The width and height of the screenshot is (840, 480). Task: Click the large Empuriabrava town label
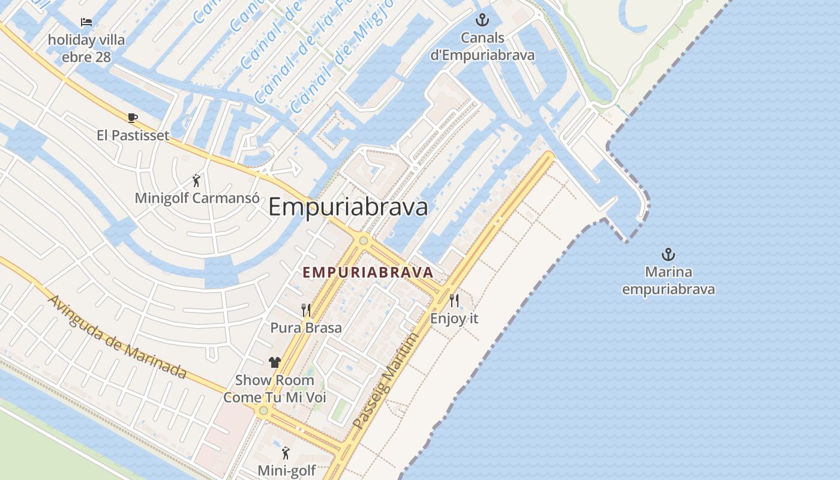[x=348, y=207]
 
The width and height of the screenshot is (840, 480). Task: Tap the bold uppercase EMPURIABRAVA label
[x=368, y=272]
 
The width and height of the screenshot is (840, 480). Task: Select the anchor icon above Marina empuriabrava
[x=668, y=254]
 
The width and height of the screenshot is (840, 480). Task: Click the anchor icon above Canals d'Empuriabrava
[x=482, y=20]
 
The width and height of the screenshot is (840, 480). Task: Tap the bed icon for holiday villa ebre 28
[x=86, y=23]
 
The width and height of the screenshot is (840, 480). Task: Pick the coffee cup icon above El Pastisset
[x=133, y=118]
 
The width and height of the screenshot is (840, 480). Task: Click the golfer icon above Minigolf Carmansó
[x=196, y=180]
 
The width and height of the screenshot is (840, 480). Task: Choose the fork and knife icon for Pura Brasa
[x=306, y=310]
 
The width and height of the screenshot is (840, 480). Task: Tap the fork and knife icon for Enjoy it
[x=454, y=301]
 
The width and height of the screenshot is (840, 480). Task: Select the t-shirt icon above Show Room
[x=275, y=362]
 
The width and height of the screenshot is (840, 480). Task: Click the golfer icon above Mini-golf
[x=286, y=453]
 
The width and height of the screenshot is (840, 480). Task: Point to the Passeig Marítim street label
[x=385, y=382]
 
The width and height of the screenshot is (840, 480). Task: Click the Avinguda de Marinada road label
[x=117, y=337]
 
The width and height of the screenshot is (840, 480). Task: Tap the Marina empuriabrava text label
[x=668, y=281]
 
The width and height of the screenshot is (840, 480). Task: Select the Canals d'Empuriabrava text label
[x=482, y=47]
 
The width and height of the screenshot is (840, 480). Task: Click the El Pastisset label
[x=133, y=136]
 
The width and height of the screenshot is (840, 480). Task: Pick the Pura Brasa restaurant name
[x=306, y=328]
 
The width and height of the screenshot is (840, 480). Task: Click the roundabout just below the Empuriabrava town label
[x=363, y=241]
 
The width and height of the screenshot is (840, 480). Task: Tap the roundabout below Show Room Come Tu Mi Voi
[x=263, y=410]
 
